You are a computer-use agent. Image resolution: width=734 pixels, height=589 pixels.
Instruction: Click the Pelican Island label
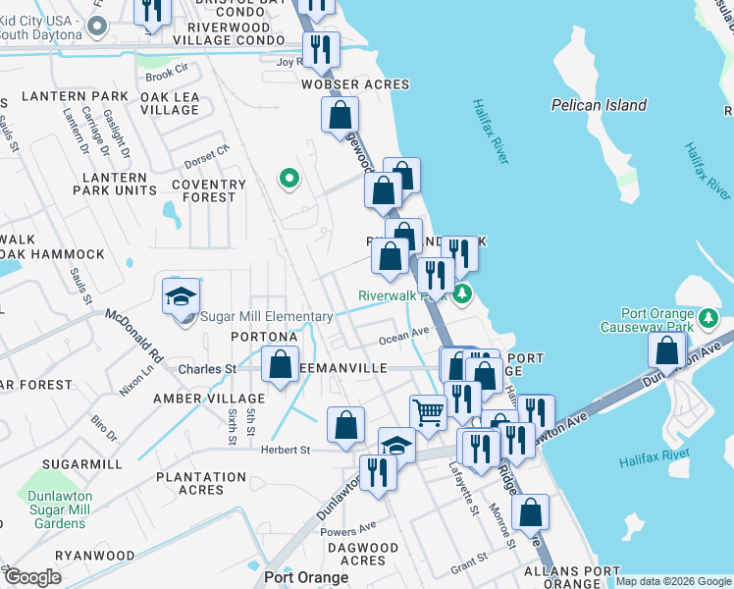[x=599, y=105]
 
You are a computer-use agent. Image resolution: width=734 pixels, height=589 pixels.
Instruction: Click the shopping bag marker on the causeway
[x=667, y=350]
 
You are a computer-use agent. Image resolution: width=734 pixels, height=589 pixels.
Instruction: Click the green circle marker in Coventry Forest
[x=288, y=179]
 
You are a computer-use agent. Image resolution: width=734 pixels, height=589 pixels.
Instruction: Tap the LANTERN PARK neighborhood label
[x=86, y=96]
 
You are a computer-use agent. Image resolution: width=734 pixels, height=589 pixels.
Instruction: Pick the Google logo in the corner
[x=32, y=577]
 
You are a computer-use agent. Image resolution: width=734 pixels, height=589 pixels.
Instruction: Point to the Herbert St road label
[x=285, y=450]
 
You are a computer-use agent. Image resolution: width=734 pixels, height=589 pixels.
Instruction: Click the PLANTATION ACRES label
[x=201, y=483]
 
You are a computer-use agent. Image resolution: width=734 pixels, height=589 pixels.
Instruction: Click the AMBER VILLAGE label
[x=195, y=399]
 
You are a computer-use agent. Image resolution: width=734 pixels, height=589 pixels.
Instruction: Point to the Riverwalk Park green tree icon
[x=463, y=293]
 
